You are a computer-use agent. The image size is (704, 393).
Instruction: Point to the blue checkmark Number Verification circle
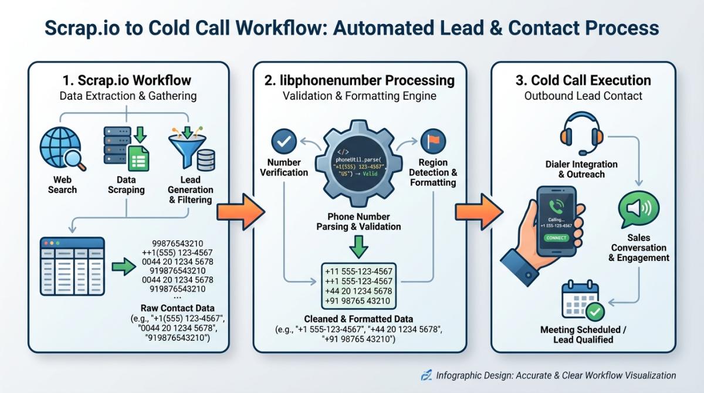tap(284, 142)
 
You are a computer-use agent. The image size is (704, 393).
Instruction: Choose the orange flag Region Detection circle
tap(433, 142)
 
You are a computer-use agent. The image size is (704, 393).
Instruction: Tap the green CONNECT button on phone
tap(555, 238)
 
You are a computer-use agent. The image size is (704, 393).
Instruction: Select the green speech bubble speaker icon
tap(639, 211)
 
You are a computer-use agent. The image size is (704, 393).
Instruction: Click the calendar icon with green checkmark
tap(581, 301)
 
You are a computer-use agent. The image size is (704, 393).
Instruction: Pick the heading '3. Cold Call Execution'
tap(583, 80)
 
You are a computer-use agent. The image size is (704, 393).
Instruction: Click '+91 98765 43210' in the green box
tap(358, 301)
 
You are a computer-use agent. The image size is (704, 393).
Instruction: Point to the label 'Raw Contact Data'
tap(177, 308)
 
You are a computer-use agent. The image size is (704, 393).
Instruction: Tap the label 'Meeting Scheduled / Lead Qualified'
tap(583, 334)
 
